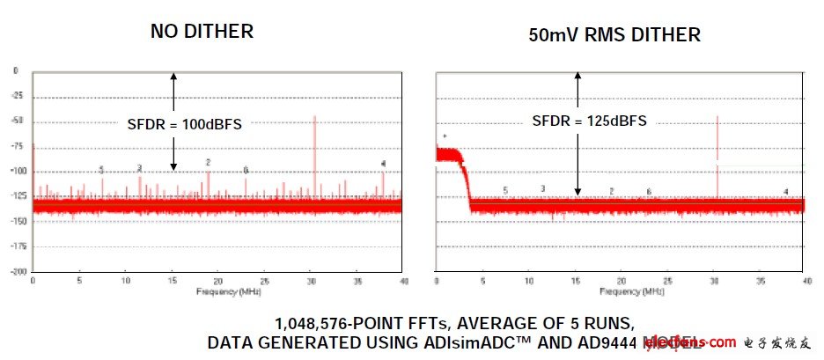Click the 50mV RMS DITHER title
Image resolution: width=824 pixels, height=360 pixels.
614,35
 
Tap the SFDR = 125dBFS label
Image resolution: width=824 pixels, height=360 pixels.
590,121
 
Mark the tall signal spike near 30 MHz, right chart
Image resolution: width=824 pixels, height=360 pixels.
717,154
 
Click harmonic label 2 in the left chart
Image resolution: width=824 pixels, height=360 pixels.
208,162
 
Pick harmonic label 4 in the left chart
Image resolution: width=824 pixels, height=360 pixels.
383,163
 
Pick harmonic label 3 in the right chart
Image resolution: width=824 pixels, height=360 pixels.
542,188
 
